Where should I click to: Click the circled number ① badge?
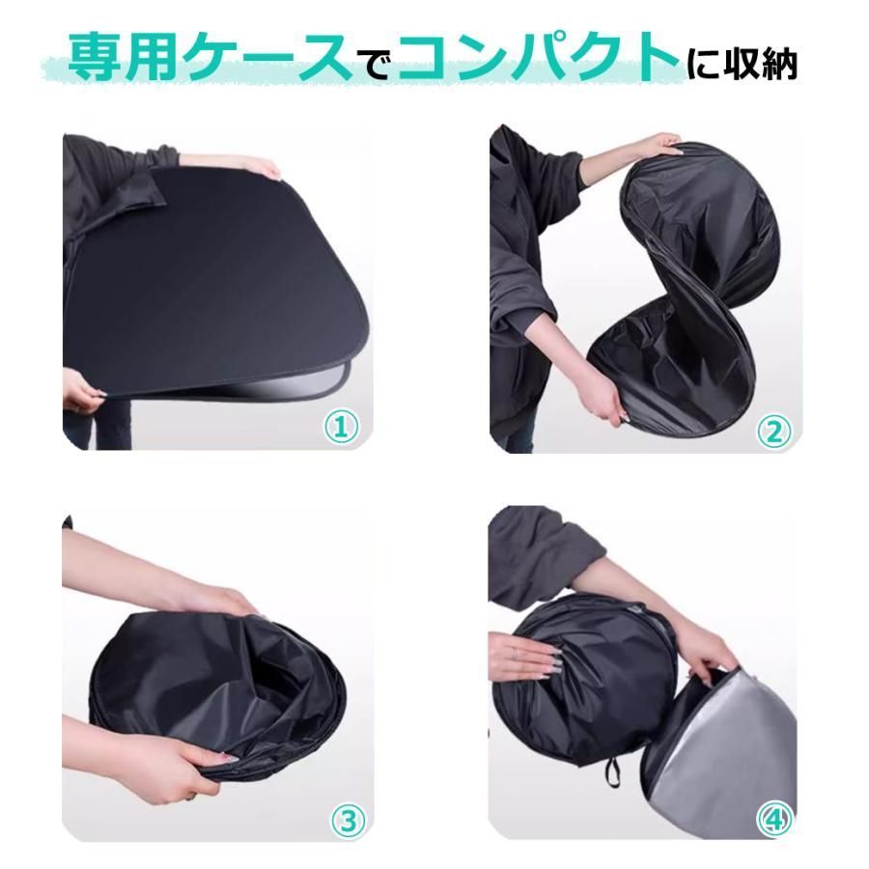click(342, 427)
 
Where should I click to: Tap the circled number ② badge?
click(773, 431)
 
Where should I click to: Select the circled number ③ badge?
click(348, 821)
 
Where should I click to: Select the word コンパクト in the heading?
click(538, 58)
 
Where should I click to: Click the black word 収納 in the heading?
click(771, 65)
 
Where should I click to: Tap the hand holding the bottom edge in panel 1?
click(83, 393)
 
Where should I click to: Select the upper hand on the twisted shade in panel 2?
click(662, 145)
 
